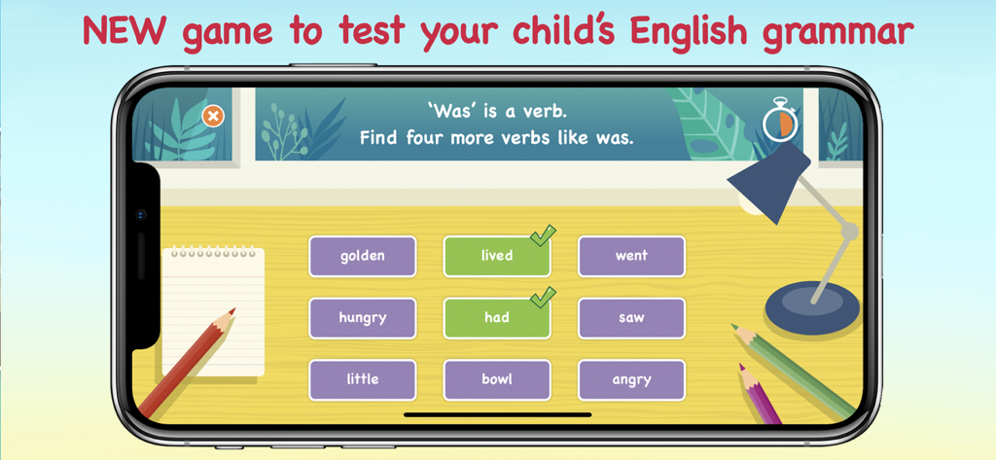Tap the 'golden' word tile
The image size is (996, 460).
click(362, 256)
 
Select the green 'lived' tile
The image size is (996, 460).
click(496, 256)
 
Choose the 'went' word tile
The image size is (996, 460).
click(631, 256)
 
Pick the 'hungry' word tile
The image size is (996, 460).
click(362, 318)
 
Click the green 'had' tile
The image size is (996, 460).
click(496, 318)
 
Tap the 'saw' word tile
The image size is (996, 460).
click(631, 318)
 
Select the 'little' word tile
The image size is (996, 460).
click(362, 379)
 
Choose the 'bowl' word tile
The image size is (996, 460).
click(496, 379)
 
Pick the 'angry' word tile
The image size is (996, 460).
click(631, 379)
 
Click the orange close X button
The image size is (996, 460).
click(213, 117)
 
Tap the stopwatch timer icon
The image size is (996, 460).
click(779, 123)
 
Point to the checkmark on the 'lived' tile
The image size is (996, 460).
click(543, 235)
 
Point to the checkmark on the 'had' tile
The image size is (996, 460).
click(543, 297)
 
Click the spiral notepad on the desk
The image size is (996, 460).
click(214, 311)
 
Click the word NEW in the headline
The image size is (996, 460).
click(125, 32)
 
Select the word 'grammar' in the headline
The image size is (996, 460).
click(837, 34)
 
